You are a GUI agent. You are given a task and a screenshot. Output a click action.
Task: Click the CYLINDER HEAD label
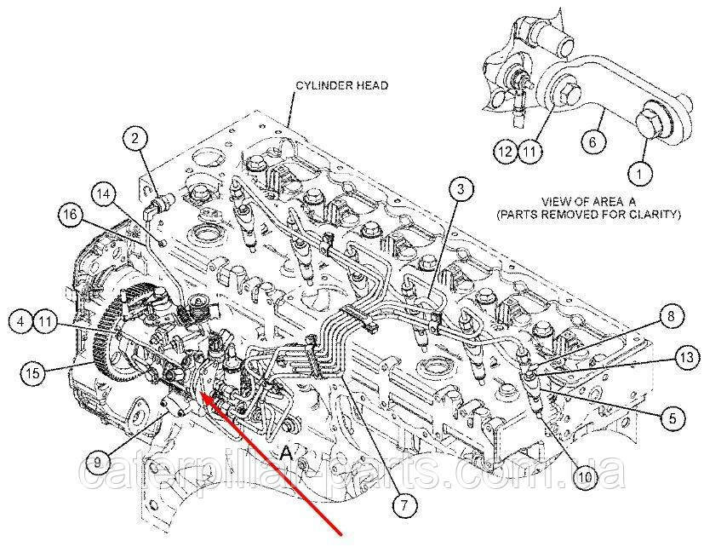[341, 86]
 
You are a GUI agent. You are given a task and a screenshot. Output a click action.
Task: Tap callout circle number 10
[584, 478]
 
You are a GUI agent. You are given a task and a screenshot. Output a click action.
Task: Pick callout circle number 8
[670, 318]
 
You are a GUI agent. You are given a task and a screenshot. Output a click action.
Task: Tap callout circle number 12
[507, 153]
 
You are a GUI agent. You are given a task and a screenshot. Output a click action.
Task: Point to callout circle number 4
[21, 322]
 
